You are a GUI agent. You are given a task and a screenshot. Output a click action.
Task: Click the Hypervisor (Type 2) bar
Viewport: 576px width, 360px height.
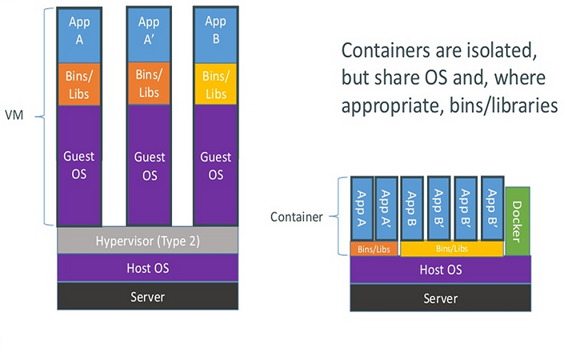147,240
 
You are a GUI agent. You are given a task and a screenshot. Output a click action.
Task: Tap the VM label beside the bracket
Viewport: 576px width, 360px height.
14,115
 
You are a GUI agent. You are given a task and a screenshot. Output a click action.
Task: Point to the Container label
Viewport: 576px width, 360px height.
296,217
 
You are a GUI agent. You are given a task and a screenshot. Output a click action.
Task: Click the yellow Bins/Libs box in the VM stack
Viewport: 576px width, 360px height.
215,84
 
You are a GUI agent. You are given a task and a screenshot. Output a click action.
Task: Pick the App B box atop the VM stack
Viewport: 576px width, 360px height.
215,31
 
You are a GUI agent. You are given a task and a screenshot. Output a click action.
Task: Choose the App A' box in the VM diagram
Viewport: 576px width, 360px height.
148,31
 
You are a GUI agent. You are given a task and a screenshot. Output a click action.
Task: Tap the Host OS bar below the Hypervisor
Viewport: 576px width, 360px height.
147,266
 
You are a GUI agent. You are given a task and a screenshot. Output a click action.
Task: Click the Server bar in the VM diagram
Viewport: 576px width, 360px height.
147,296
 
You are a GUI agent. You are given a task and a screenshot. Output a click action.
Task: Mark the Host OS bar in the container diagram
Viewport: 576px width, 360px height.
440,270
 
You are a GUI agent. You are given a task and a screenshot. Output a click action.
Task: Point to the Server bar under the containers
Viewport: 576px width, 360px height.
440,298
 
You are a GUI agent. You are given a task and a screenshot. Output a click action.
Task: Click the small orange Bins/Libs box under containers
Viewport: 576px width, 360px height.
374,249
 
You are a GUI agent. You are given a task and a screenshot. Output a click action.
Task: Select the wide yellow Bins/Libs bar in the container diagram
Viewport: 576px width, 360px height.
451,249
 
